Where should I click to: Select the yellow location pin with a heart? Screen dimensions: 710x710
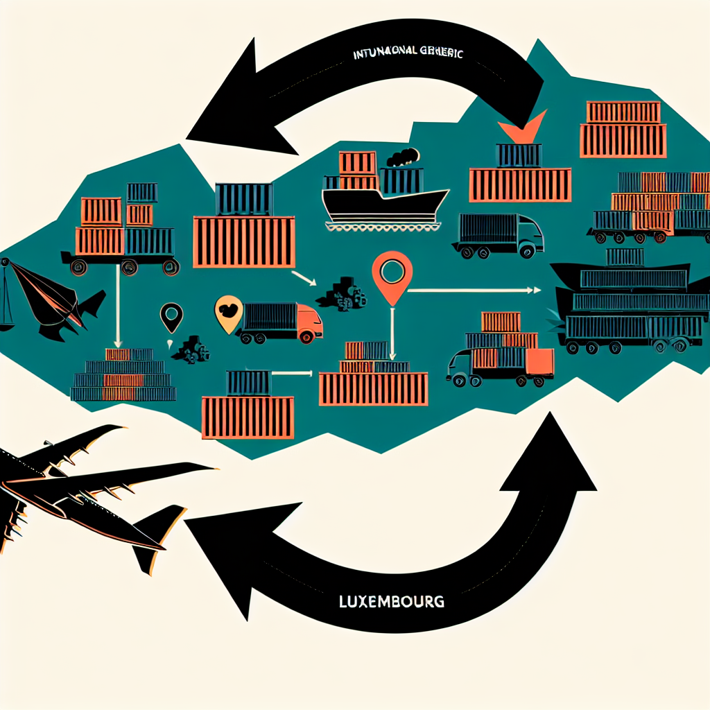(228, 314)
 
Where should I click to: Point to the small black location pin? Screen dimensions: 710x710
(171, 318)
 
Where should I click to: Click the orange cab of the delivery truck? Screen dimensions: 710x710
(309, 324)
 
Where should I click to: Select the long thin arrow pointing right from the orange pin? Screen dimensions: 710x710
(471, 290)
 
